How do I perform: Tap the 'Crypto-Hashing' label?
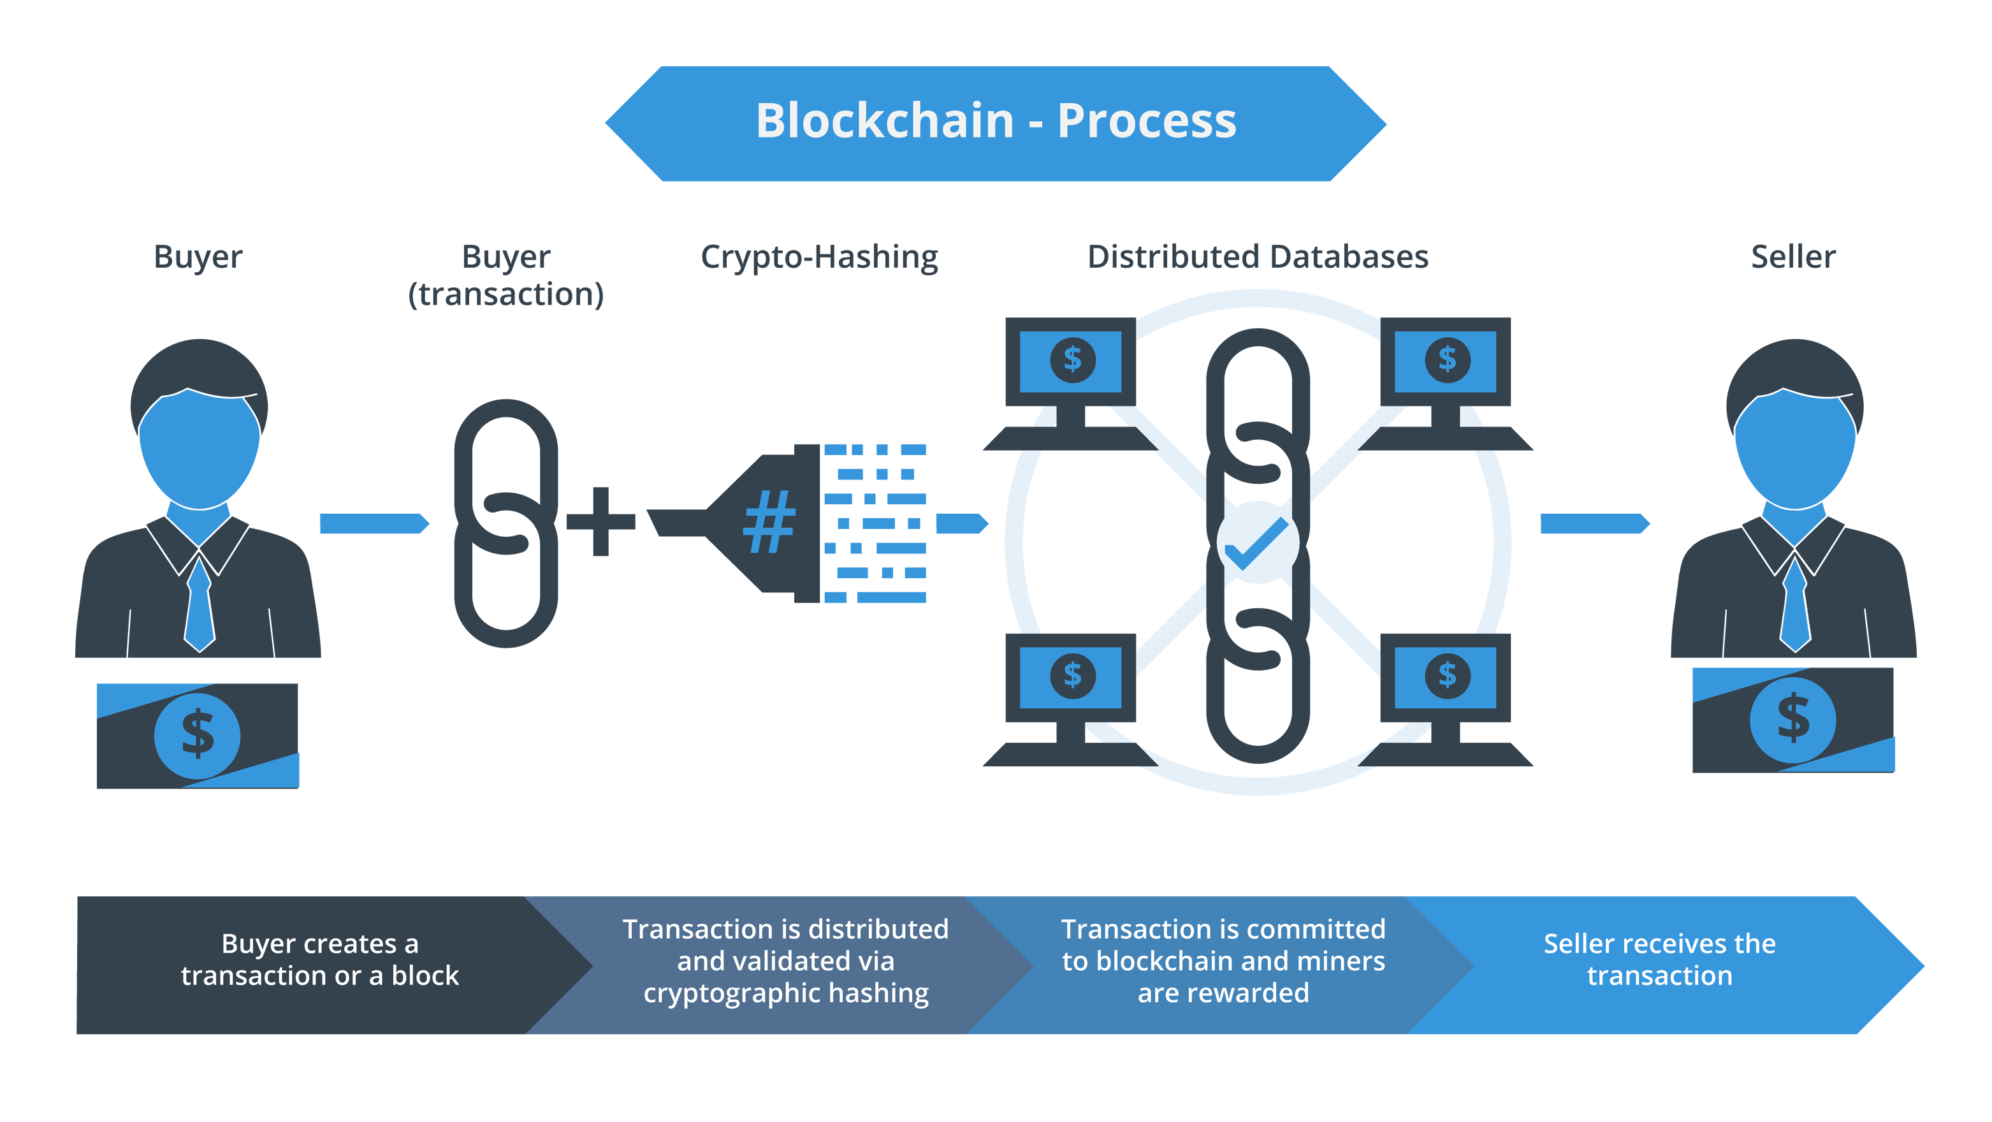[819, 258]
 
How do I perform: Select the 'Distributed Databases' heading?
[1258, 258]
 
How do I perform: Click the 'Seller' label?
[1792, 258]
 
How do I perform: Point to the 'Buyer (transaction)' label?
[505, 275]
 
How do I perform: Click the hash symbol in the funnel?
[768, 523]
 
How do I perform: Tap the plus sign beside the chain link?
[601, 522]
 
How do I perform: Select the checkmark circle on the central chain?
[1258, 542]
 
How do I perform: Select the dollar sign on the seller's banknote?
[1792, 718]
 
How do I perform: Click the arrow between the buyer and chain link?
[374, 523]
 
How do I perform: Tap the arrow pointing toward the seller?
[1594, 523]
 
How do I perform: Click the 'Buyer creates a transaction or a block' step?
[319, 959]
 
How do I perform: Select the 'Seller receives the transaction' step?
[1659, 959]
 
